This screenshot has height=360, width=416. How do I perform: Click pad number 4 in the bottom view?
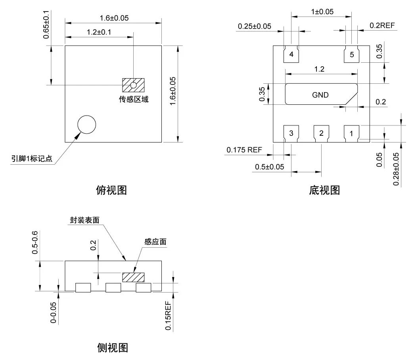pyautogui.click(x=291, y=55)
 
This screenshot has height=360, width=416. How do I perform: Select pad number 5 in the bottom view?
pyautogui.click(x=352, y=55)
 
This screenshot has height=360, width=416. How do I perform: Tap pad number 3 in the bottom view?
pyautogui.click(x=291, y=133)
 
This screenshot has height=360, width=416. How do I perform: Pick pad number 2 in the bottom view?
pyautogui.click(x=321, y=133)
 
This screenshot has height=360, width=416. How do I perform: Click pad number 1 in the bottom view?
pyautogui.click(x=351, y=133)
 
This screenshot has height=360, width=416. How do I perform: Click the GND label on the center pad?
pyautogui.click(x=320, y=95)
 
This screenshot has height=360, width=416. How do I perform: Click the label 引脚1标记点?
pyautogui.click(x=32, y=160)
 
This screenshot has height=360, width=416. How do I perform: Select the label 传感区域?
pyautogui.click(x=134, y=99)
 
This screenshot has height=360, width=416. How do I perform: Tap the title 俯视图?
pyautogui.click(x=111, y=190)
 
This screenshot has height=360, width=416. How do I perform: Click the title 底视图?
pyautogui.click(x=324, y=190)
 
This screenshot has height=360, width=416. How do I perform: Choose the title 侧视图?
pyautogui.click(x=113, y=348)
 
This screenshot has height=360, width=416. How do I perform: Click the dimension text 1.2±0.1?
pyautogui.click(x=100, y=32)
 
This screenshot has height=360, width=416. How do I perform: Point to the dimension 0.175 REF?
pyautogui.click(x=244, y=150)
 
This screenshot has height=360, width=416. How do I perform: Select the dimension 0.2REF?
pyautogui.click(x=382, y=26)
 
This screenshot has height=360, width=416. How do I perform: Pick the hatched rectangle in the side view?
pyautogui.click(x=133, y=277)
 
